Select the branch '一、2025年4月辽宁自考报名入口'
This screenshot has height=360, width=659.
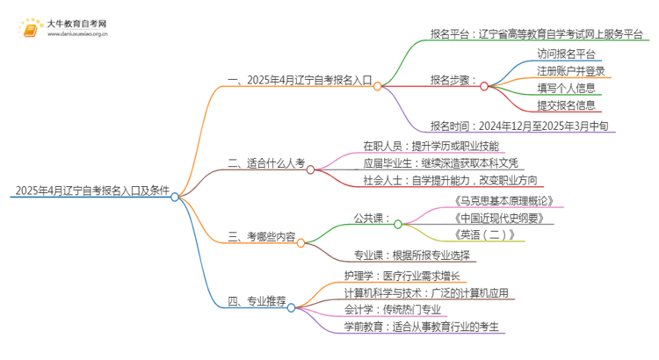pyautogui.click(x=299, y=79)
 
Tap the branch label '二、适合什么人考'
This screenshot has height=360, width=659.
pyautogui.click(x=265, y=162)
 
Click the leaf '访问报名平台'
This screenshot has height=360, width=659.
pyautogui.click(x=567, y=54)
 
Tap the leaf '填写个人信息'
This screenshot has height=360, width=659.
pyautogui.click(x=567, y=88)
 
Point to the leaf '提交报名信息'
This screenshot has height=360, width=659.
pyautogui.click(x=567, y=105)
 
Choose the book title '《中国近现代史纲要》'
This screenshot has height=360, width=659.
pyautogui.click(x=493, y=218)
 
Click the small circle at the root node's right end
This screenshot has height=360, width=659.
pyautogui.click(x=176, y=197)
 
